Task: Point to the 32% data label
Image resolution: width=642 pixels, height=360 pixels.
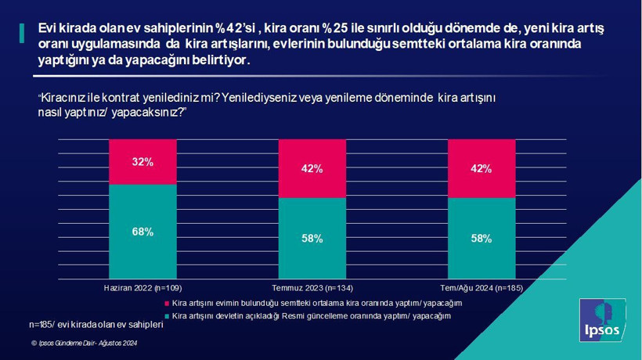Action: (142, 162)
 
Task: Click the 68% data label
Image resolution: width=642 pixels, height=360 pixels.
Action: (142, 232)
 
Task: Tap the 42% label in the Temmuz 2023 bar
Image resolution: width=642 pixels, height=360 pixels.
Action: (312, 168)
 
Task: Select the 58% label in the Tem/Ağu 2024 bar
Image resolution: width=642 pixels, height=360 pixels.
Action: (481, 239)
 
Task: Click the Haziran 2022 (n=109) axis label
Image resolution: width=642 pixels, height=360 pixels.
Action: (142, 288)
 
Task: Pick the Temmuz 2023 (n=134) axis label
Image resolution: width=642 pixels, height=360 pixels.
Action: (312, 288)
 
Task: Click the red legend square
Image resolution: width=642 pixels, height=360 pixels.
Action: (167, 303)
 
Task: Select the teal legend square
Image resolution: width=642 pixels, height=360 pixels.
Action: (167, 315)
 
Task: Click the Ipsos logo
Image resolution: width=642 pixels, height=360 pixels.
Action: (602, 320)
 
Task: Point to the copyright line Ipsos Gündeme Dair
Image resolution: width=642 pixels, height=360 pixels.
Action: (85, 343)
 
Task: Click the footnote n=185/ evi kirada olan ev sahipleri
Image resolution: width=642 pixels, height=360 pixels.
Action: (96, 323)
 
